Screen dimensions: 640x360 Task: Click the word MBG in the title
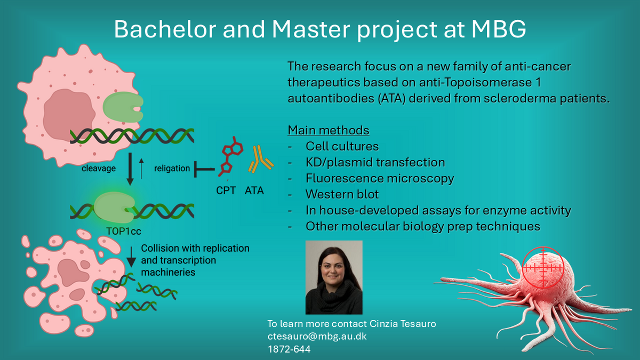coord(499,29)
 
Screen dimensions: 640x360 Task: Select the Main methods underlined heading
coord(329,130)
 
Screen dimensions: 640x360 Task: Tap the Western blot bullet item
coord(342,194)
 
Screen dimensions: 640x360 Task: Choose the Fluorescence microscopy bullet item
coord(380,179)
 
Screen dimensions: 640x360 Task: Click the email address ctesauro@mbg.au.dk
coord(317,337)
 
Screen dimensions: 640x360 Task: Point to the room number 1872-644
coord(289,349)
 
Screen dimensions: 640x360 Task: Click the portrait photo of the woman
coord(334,277)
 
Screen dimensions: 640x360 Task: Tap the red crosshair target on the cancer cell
coord(543,268)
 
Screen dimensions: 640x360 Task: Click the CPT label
coord(226,190)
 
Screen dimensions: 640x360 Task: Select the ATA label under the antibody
coord(254,190)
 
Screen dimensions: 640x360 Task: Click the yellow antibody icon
coord(261,159)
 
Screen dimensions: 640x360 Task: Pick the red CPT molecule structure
coord(230,157)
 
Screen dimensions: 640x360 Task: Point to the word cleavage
coord(99,169)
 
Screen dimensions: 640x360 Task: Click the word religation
coord(172,169)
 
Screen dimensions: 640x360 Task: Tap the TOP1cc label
coord(124,231)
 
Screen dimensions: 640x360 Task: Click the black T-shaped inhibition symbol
coord(204,169)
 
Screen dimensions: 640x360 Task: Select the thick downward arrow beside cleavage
coord(130,169)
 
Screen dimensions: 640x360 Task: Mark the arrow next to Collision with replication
coord(131,257)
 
